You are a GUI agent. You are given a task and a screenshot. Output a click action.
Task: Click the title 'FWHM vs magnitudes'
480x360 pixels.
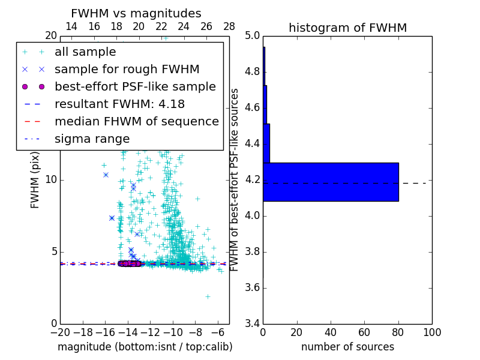(x=136, y=13)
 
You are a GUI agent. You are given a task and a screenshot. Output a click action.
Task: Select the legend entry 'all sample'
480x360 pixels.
(x=85, y=52)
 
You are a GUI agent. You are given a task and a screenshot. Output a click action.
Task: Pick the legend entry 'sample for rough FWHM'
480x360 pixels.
(x=127, y=69)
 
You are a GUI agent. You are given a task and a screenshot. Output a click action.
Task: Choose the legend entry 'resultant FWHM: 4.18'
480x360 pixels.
(x=119, y=104)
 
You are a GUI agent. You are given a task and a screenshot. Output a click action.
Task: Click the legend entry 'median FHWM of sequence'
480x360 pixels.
(x=136, y=121)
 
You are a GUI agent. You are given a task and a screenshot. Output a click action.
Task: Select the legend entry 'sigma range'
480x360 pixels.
(x=92, y=139)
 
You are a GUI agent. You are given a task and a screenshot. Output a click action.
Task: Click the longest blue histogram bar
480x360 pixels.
(x=331, y=182)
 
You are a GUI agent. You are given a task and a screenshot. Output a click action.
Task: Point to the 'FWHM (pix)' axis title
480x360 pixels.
(x=35, y=180)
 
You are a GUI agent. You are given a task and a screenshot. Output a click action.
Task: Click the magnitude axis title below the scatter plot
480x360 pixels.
(x=145, y=347)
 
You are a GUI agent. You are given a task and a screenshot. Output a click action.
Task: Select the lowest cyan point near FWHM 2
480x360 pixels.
(x=208, y=296)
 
